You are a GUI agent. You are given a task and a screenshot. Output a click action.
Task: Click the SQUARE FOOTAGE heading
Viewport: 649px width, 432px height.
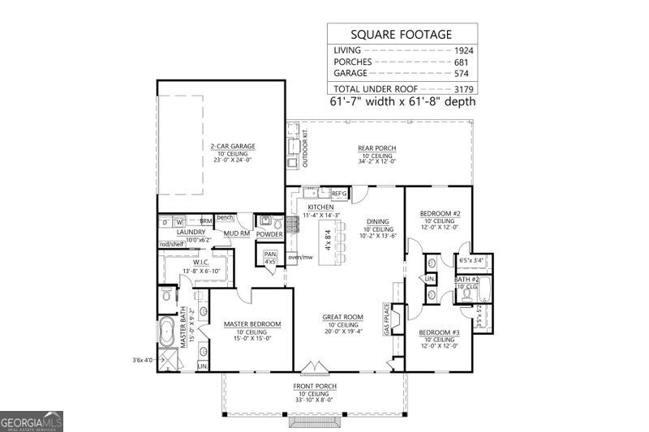tap(401, 35)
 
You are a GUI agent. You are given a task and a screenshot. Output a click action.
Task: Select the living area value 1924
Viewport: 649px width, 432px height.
tap(463, 50)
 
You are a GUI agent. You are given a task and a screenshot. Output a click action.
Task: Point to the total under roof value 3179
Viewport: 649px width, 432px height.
tap(463, 89)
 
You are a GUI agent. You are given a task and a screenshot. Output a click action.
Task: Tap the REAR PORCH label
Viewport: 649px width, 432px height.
tap(376, 148)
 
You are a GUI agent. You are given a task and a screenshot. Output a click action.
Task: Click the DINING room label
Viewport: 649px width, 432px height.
tap(377, 220)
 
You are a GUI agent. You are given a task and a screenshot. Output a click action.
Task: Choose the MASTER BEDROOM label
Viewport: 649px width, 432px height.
tap(252, 324)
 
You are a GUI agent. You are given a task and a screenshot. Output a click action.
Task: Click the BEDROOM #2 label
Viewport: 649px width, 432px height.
tap(440, 214)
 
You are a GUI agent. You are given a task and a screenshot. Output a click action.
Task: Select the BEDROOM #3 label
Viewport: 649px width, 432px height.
tap(439, 332)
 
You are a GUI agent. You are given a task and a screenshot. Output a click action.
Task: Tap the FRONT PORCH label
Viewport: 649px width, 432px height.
tap(315, 387)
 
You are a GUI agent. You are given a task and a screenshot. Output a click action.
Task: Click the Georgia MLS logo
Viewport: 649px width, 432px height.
tap(31, 421)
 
